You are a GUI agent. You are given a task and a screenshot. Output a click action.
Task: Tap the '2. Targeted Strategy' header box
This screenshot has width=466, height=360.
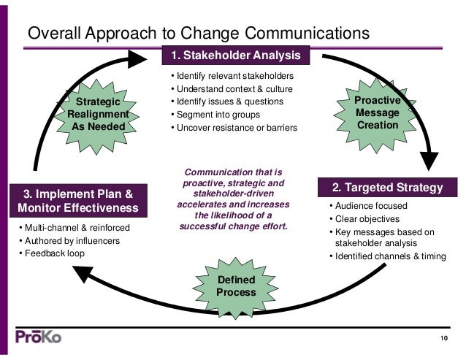point(388,188)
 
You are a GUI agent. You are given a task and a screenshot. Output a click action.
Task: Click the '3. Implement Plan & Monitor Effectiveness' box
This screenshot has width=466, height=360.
point(78,201)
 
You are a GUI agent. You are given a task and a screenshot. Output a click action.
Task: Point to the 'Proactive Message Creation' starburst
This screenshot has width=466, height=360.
point(378,112)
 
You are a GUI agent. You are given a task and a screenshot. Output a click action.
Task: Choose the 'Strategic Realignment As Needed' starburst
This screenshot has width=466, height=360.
point(98,114)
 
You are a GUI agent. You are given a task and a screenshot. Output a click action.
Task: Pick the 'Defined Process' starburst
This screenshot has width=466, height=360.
point(236,286)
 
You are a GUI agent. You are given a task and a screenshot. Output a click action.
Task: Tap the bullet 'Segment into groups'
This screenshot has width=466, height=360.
point(213,115)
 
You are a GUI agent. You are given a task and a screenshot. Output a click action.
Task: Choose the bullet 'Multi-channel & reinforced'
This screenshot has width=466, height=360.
point(75,228)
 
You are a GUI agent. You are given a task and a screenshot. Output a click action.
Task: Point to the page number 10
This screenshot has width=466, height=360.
point(443,337)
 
